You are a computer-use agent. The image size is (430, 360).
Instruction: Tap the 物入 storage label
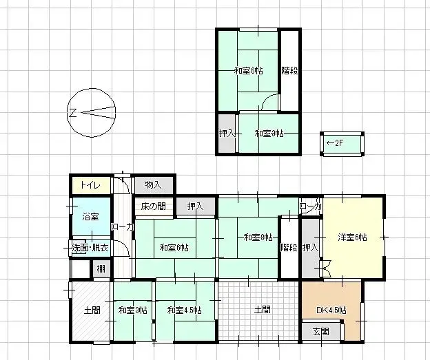[153, 184]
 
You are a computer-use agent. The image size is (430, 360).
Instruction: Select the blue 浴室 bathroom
[90, 216]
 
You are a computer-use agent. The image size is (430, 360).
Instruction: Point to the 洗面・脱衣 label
[90, 248]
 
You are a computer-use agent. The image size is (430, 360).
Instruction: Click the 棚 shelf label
[101, 268]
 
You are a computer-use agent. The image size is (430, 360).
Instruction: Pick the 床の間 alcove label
[153, 206]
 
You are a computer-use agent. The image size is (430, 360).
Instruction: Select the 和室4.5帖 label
[184, 310]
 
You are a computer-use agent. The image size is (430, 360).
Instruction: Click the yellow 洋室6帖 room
[352, 237]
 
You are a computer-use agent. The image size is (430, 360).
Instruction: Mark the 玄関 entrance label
[321, 332]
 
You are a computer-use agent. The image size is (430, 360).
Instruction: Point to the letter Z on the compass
[72, 113]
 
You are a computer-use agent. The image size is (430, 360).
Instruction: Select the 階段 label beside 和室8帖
[289, 247]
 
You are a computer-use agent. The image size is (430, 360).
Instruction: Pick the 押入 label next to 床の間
[196, 206]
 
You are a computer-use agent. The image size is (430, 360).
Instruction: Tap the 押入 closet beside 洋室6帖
[310, 247]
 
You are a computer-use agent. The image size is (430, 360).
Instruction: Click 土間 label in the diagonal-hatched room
[92, 310]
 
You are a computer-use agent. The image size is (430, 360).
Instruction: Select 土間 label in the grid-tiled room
[260, 310]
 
